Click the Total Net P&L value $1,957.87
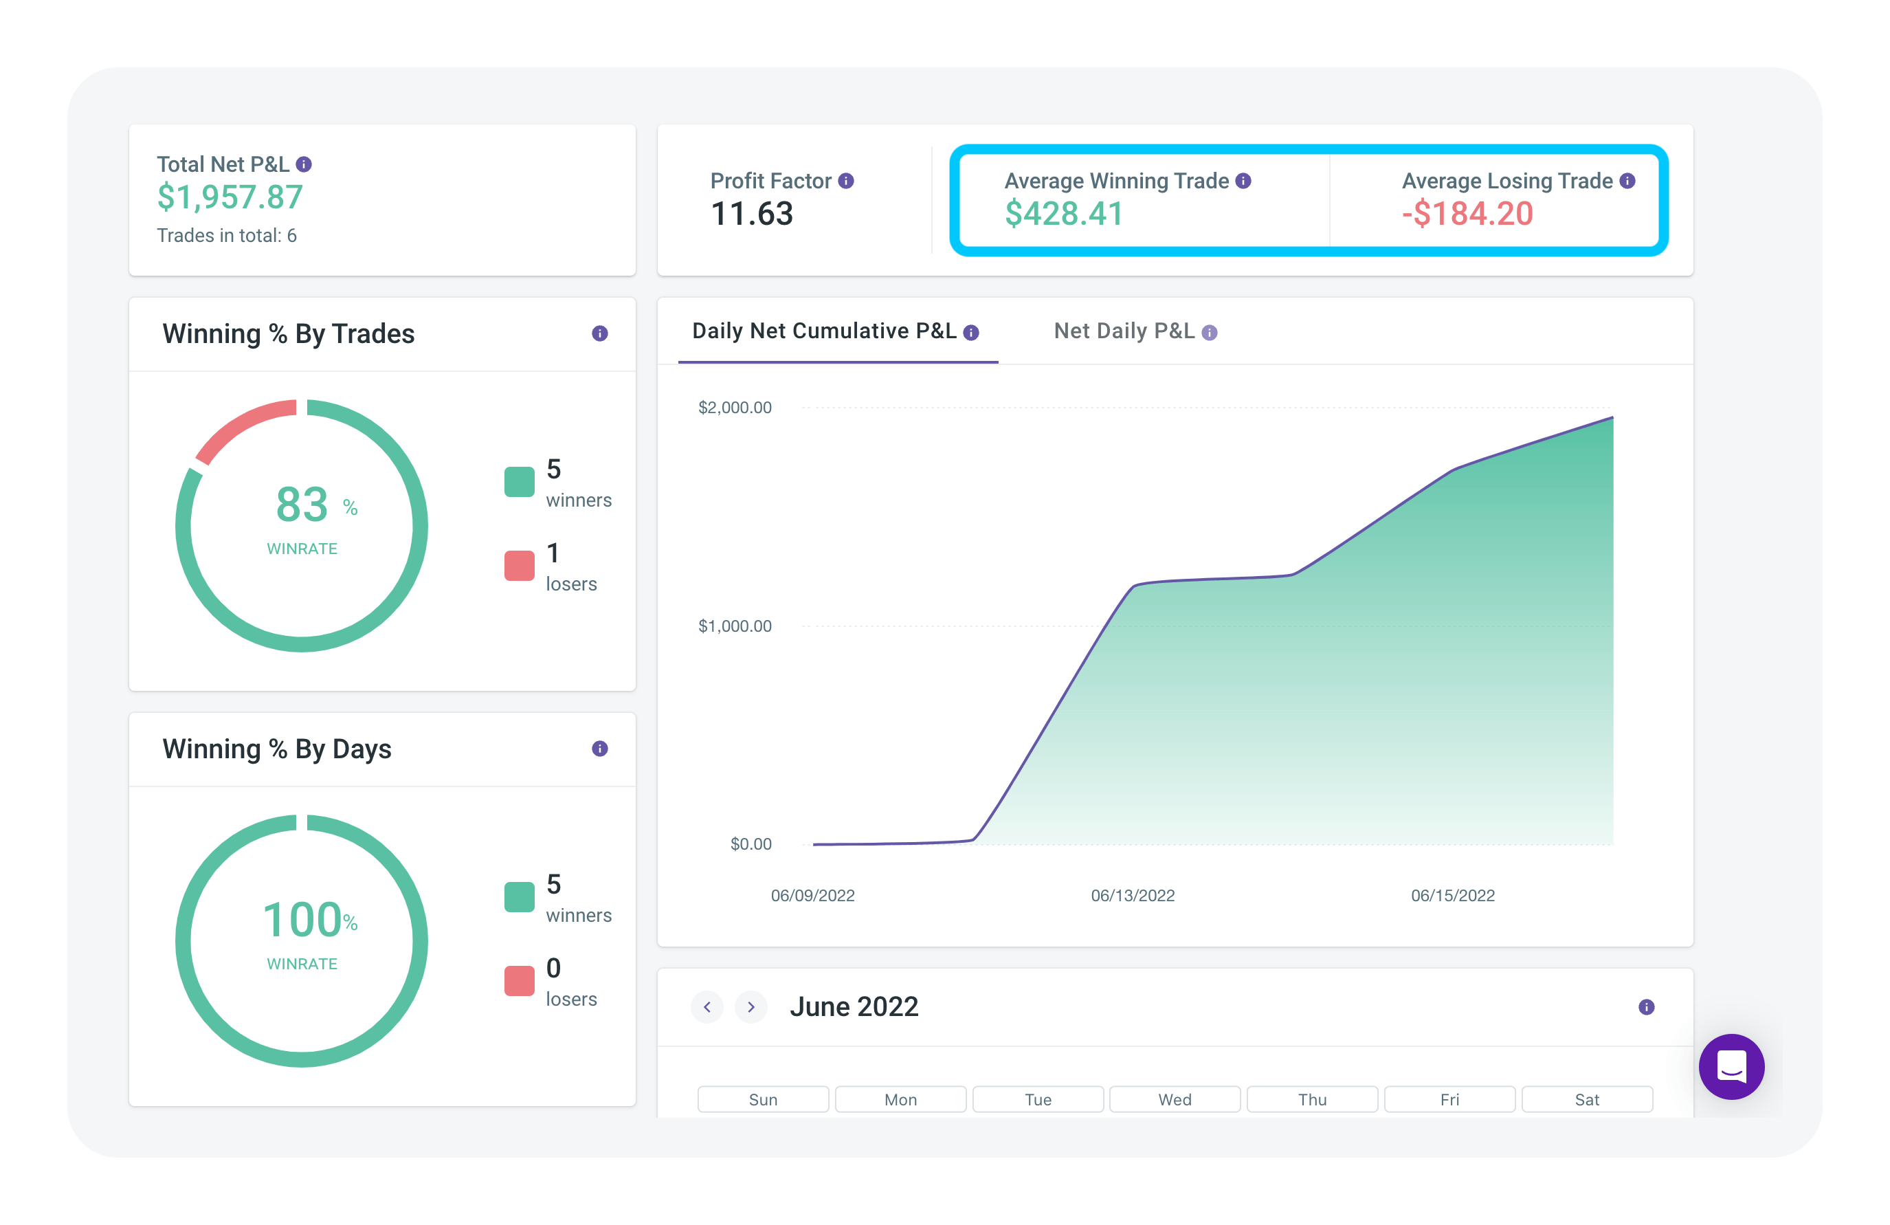(x=230, y=197)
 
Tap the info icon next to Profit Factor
(x=847, y=181)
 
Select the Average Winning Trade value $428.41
(x=1064, y=214)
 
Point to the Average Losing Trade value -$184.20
(x=1467, y=214)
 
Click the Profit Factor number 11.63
(x=751, y=214)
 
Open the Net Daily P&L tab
(x=1124, y=331)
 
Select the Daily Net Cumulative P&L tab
(x=824, y=331)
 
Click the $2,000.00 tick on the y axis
(x=735, y=408)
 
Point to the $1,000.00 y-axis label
(x=735, y=626)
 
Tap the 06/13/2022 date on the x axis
(x=1133, y=895)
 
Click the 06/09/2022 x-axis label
(x=812, y=895)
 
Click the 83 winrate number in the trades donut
(x=302, y=505)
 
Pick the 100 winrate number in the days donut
(x=302, y=920)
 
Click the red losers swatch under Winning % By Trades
(x=520, y=566)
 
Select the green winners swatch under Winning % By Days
(x=520, y=897)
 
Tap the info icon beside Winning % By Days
(x=599, y=749)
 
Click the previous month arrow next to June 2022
(x=707, y=1007)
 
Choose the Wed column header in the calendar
(x=1175, y=1099)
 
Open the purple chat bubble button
(x=1731, y=1067)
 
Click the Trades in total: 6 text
(x=226, y=236)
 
